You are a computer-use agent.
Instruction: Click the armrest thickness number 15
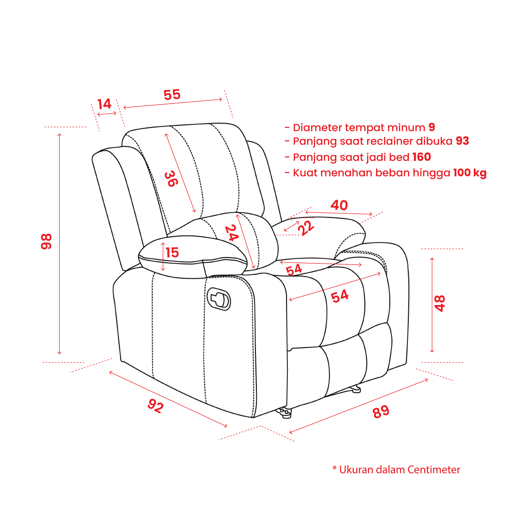tap(172, 253)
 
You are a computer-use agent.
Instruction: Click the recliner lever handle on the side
tap(219, 299)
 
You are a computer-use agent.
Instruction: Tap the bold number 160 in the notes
tap(422, 157)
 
